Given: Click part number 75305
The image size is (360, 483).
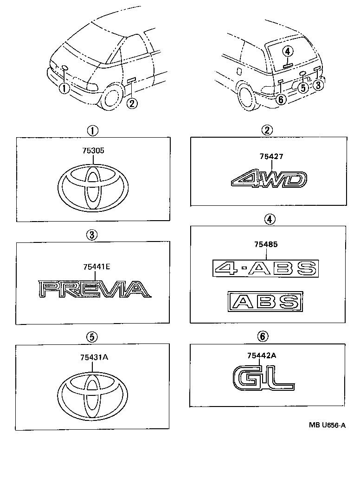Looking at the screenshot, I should tap(93, 150).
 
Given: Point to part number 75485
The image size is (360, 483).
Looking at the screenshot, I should tap(266, 244).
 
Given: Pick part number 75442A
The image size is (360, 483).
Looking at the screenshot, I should tap(261, 356).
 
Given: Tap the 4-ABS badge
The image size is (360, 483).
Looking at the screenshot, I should tap(265, 268).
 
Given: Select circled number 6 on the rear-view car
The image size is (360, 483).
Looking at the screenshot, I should tap(281, 99).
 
